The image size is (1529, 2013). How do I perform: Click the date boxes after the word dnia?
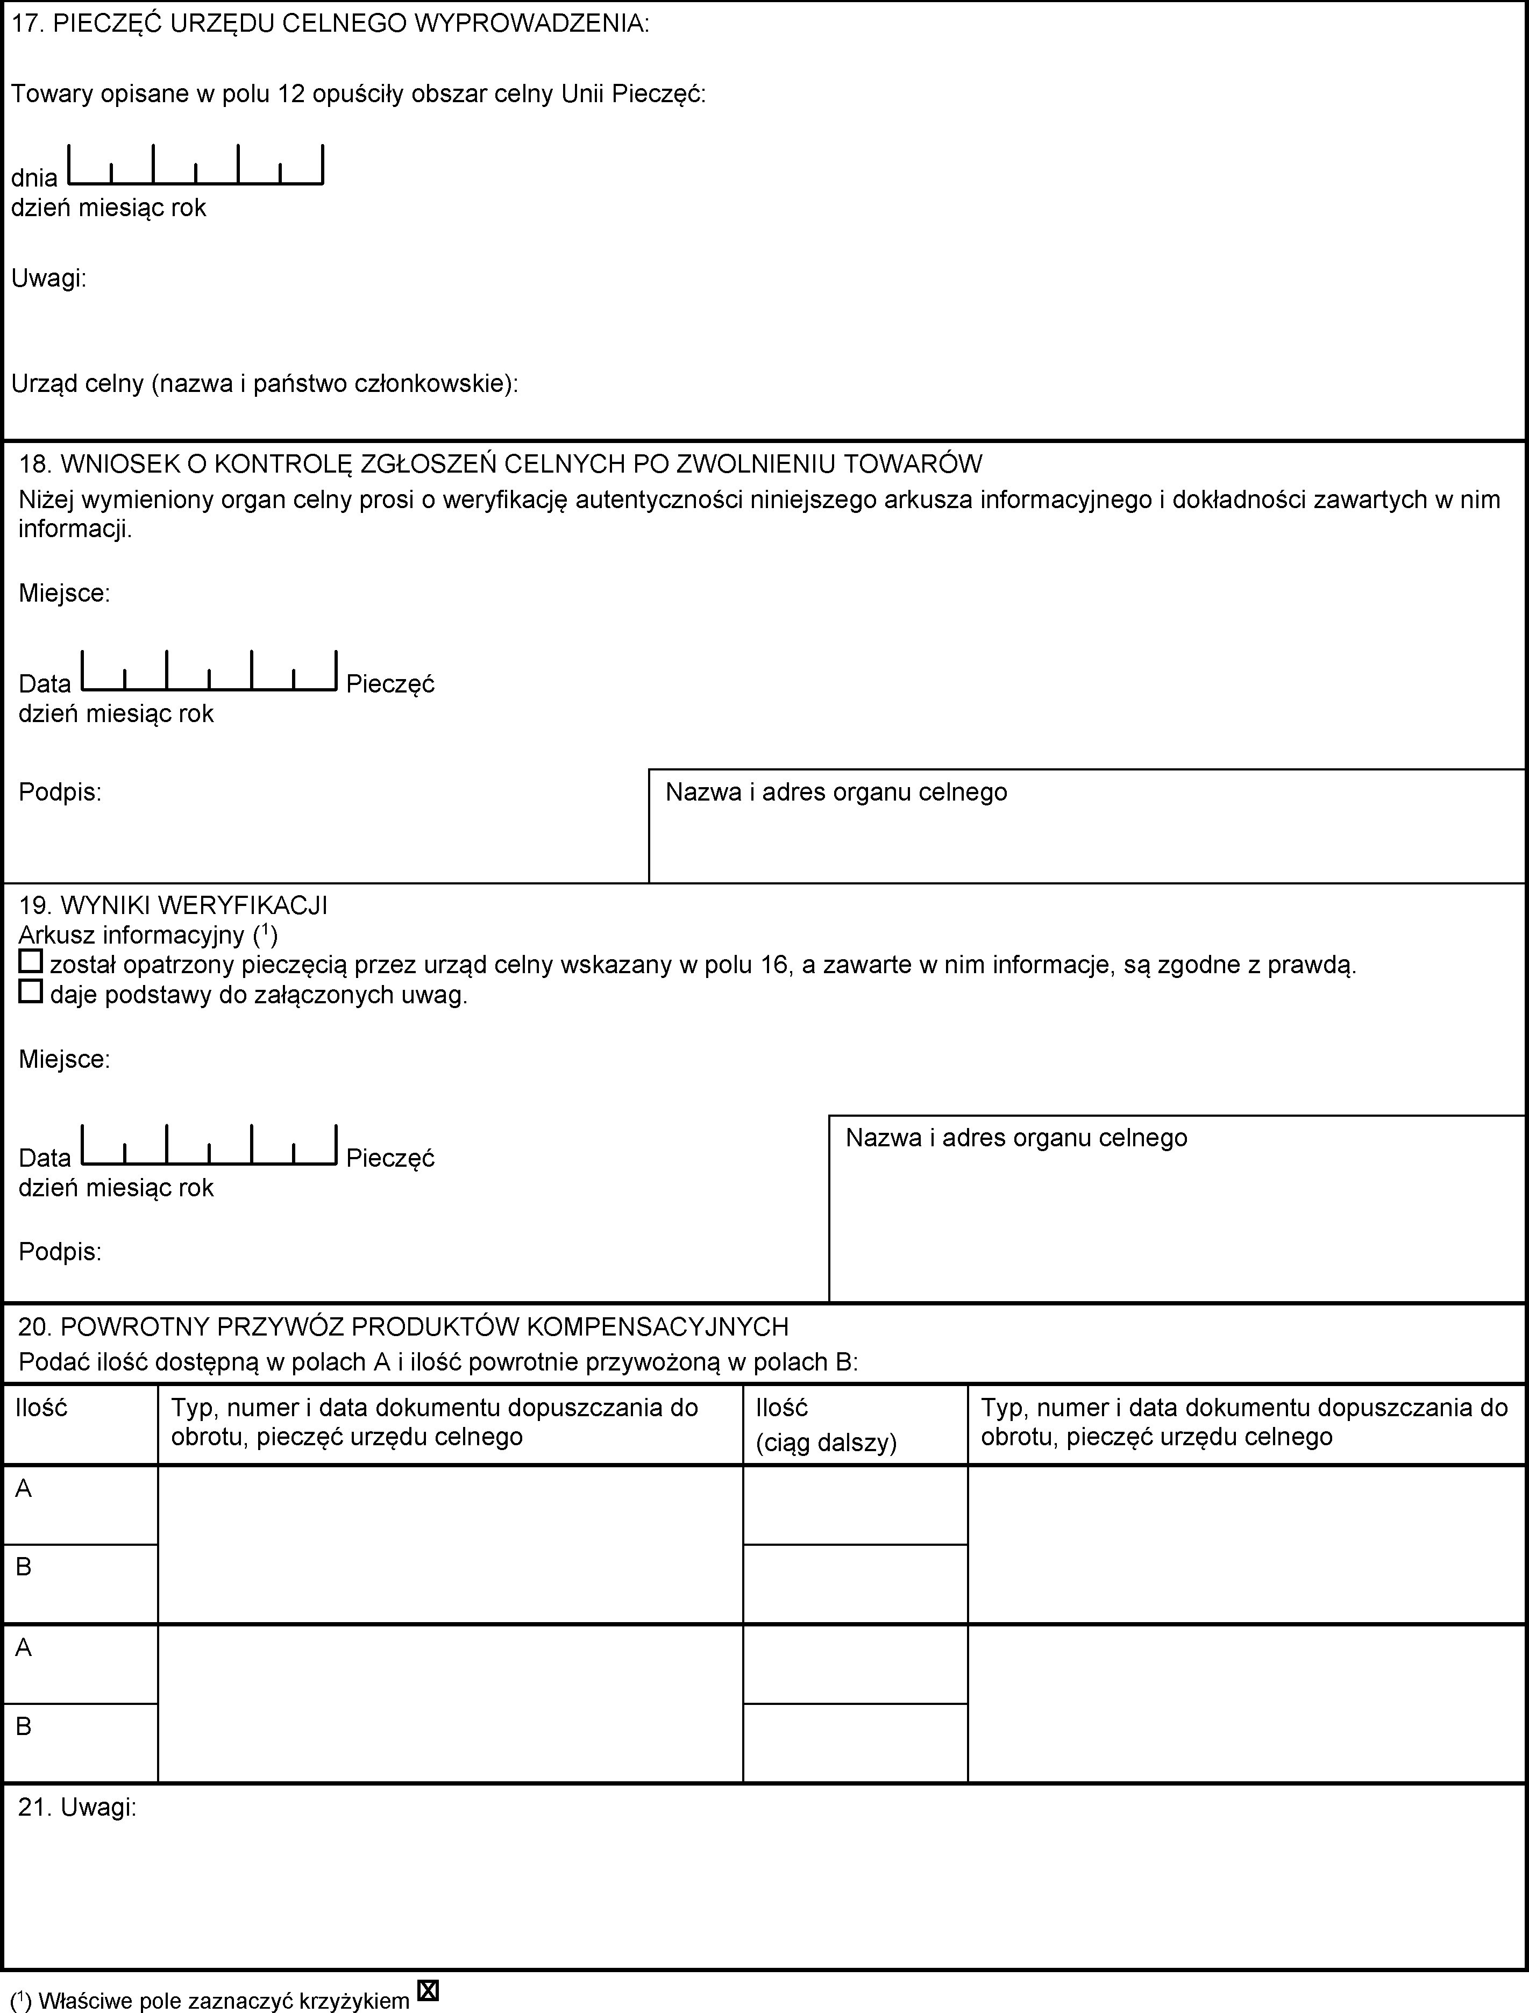pos(195,166)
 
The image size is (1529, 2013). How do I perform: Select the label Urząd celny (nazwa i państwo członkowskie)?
pos(264,384)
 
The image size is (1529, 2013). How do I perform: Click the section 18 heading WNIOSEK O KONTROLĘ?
pos(501,464)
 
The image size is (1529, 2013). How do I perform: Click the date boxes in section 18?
pos(209,672)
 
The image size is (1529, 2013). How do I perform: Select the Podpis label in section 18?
pos(60,793)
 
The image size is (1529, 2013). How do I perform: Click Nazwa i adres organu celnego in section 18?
pos(835,793)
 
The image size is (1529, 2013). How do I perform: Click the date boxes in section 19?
pos(209,1146)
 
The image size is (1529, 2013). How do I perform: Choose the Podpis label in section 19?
pos(60,1252)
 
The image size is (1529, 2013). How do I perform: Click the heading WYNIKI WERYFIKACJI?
pos(173,905)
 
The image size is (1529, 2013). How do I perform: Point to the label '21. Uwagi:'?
pos(77,1807)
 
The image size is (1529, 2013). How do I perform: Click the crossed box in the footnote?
pos(428,1991)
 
